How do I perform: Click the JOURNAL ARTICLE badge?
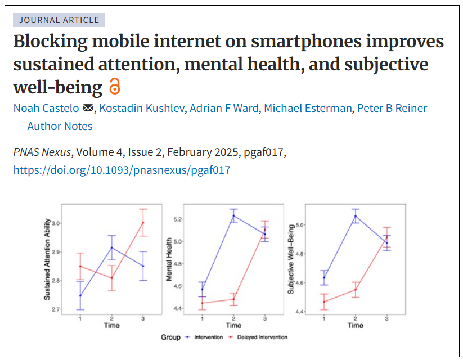click(59, 20)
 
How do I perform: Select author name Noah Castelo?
click(46, 109)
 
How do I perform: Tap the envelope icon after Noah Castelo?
click(88, 109)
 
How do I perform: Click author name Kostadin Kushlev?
click(142, 109)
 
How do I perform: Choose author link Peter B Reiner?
click(392, 109)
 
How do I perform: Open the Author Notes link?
click(60, 127)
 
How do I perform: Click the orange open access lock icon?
click(115, 86)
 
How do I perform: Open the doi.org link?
click(122, 170)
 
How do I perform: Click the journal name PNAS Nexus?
click(42, 152)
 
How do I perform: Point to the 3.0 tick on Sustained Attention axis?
click(56, 223)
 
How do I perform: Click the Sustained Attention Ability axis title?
click(47, 259)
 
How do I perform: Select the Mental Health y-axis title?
click(169, 259)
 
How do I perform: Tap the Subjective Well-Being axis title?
click(291, 259)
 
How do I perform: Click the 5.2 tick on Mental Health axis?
click(178, 219)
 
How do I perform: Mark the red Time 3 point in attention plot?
click(143, 222)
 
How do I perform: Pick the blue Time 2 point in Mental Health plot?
click(233, 215)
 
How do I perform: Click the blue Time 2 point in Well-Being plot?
click(356, 216)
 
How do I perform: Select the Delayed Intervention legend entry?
click(258, 337)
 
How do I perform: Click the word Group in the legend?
click(170, 337)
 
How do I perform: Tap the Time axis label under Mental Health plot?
click(233, 326)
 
